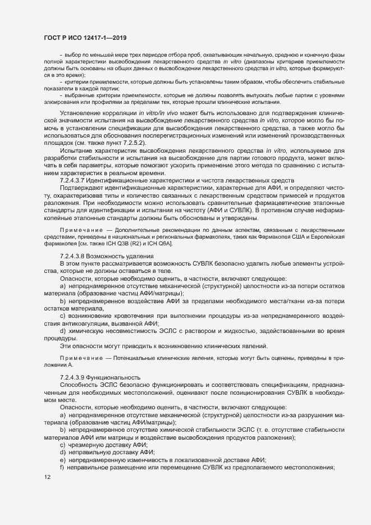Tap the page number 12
tap(47, 477)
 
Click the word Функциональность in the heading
tap(119, 376)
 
